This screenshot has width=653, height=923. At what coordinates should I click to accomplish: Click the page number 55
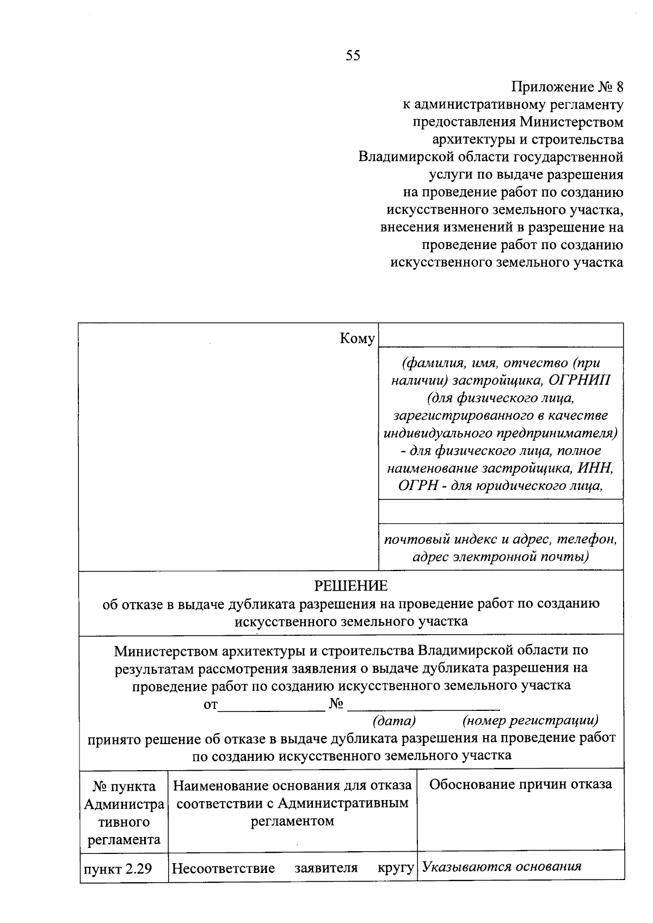point(353,55)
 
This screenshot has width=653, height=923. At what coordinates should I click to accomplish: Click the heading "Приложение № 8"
point(567,87)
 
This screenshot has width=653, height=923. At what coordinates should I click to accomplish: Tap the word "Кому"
point(357,339)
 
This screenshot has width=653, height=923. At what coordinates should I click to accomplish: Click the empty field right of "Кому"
point(501,335)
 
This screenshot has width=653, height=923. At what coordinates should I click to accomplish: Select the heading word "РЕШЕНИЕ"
point(351,586)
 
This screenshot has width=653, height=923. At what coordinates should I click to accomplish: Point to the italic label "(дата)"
point(394,721)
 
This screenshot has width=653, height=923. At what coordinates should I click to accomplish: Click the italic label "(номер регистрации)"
point(530,721)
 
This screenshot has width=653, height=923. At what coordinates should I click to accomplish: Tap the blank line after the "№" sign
point(423,705)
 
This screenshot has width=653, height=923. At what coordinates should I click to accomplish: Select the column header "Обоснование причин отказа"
point(520,784)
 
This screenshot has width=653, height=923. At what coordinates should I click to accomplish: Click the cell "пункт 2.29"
point(117,869)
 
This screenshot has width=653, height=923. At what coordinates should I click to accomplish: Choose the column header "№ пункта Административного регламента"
point(124,813)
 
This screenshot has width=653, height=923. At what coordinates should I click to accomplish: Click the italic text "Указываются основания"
point(502,867)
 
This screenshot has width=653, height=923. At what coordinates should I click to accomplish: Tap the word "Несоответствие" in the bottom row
point(223,869)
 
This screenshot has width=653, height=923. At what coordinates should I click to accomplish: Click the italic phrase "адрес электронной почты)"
point(501,557)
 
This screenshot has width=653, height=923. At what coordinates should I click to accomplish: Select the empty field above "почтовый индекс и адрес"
point(501,512)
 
